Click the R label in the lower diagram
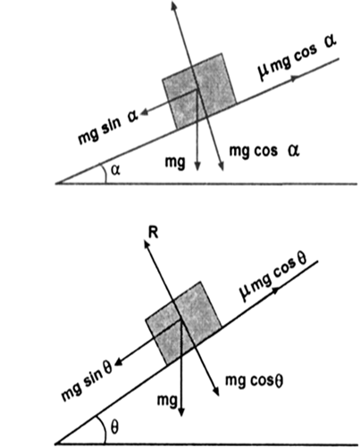coord(153,234)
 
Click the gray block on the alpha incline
coord(199,91)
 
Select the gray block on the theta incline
coord(183,323)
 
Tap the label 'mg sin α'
coord(108,128)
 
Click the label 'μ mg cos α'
coord(297,57)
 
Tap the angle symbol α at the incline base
coord(115,170)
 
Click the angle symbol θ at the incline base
coord(114,427)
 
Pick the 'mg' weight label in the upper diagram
coord(175,162)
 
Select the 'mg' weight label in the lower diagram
coord(167,401)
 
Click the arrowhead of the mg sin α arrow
coord(145,112)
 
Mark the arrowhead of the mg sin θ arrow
coord(119,361)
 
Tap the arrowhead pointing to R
coord(147,245)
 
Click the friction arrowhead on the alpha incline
coord(295,78)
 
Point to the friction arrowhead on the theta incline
coord(275,290)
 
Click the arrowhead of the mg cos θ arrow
coord(216,391)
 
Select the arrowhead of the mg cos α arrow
coord(221,166)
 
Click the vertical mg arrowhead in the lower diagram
coord(181,411)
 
